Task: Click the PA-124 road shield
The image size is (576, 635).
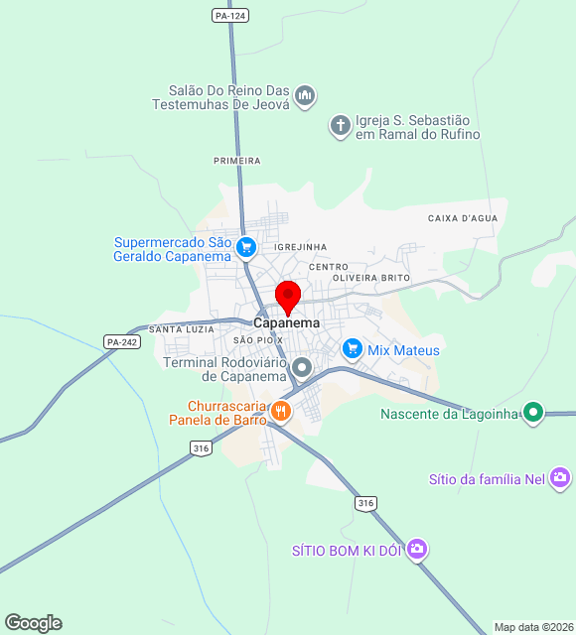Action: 229,16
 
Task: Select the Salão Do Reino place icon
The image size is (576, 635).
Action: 305,96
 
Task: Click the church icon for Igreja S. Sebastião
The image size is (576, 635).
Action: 340,126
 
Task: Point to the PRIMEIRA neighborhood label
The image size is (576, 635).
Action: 237,161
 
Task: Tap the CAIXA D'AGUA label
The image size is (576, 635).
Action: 462,218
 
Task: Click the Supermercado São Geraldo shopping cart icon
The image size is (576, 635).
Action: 247,248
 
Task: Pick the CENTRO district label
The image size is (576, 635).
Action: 329,267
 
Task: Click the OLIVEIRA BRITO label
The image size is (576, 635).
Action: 371,278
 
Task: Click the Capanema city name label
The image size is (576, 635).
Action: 287,323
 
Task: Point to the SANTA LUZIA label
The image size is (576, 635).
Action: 181,328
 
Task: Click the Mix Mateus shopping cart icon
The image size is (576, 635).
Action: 352,349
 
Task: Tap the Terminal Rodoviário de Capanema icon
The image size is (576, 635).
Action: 304,368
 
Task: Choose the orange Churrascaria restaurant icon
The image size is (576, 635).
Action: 282,409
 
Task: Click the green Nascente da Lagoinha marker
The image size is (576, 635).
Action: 533,413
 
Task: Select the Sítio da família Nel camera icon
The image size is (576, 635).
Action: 560,479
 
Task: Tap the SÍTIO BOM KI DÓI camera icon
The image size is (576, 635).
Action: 417,549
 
